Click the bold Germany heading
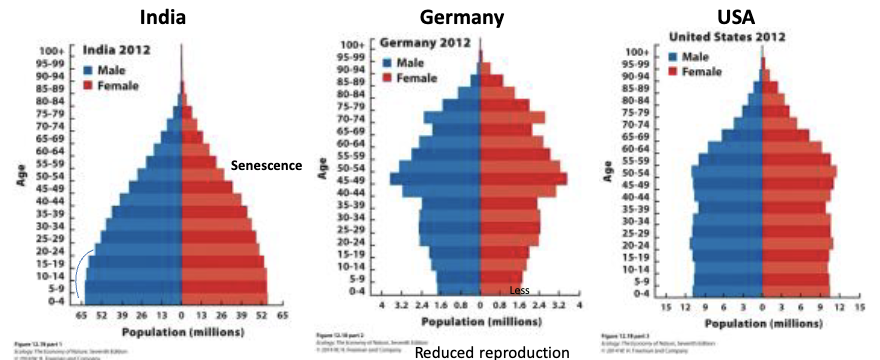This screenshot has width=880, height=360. pyautogui.click(x=476, y=17)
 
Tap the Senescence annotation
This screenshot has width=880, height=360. pyautogui.click(x=266, y=165)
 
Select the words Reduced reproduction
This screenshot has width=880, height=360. pyautogui.click(x=478, y=351)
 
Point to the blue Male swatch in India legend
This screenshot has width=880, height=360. pyautogui.click(x=89, y=70)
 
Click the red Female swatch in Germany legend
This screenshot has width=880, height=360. pyautogui.click(x=387, y=77)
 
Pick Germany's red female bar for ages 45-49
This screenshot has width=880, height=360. pyautogui.click(x=523, y=179)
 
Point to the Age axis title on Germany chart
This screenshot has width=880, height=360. pyautogui.click(x=323, y=166)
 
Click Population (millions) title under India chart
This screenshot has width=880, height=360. pyautogui.click(x=180, y=330)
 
